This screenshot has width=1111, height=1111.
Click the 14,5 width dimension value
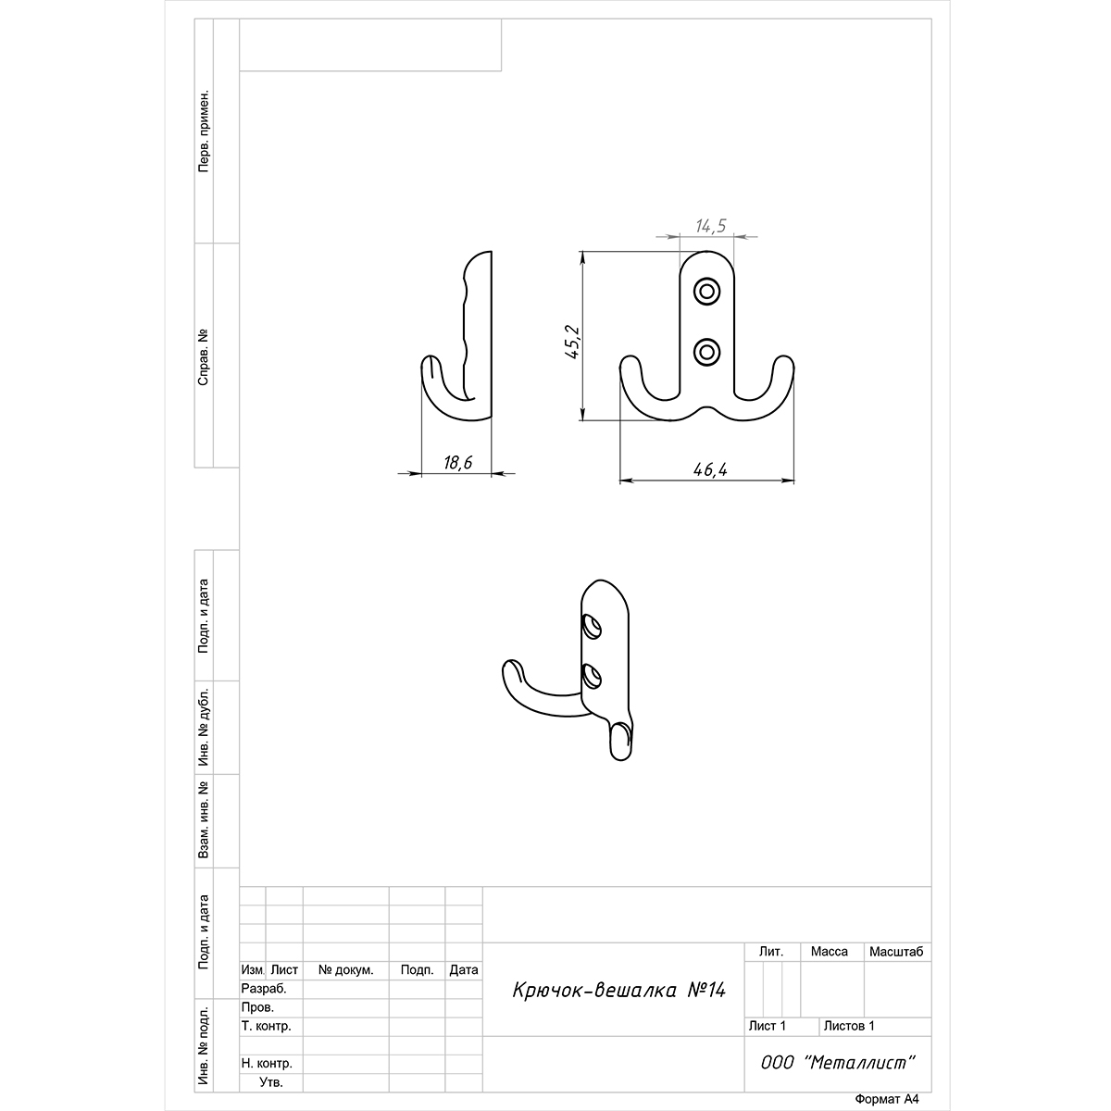[x=710, y=226]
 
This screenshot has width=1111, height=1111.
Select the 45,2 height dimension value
[x=573, y=342]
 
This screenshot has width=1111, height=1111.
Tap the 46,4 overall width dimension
[x=710, y=470]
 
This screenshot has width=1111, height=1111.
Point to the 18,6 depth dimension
[x=457, y=462]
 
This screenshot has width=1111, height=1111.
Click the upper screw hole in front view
[x=706, y=291]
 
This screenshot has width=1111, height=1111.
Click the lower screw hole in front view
[x=706, y=352]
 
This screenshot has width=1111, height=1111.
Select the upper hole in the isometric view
[x=592, y=627]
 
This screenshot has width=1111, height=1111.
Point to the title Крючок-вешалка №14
[x=618, y=991]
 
